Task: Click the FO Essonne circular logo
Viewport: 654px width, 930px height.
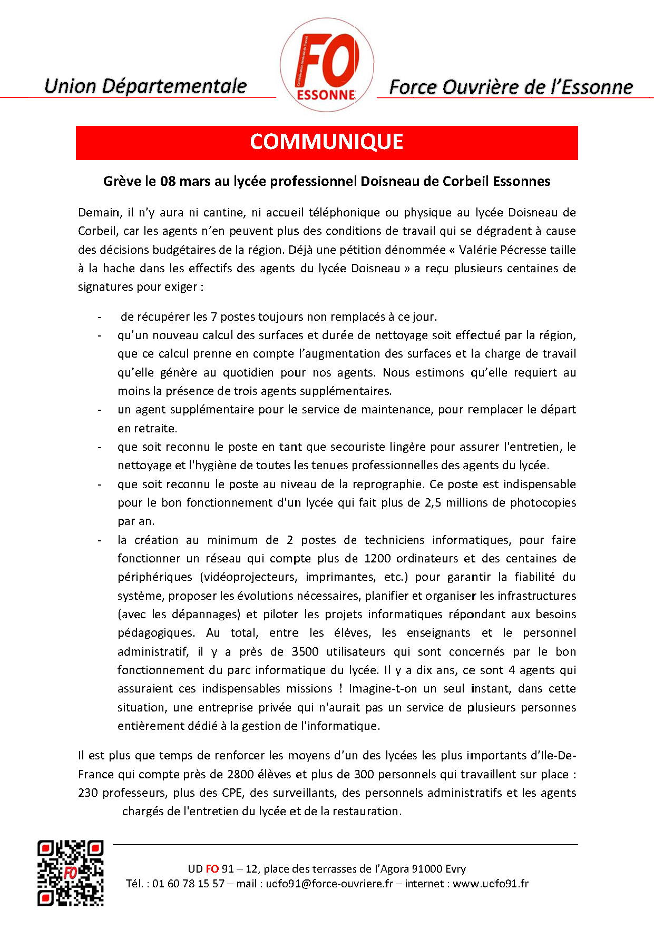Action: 327,64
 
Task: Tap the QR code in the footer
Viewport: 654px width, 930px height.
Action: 70,873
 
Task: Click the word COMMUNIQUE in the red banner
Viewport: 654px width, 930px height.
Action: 327,142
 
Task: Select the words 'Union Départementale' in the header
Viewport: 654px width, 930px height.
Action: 145,86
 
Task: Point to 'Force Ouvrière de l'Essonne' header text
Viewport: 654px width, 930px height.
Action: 511,87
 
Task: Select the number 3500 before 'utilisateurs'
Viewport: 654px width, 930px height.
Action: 305,651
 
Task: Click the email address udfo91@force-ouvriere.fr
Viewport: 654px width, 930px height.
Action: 329,884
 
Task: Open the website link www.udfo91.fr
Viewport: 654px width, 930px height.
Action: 490,884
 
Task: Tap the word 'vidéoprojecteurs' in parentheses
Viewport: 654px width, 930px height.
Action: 250,577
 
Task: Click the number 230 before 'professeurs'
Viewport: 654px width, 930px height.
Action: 88,793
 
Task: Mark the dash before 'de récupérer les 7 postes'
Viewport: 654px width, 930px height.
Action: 99,317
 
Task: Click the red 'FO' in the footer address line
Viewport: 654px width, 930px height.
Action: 212,869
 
